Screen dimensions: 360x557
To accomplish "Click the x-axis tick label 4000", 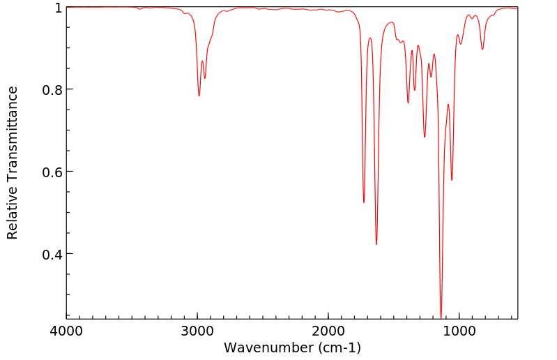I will pos(66,330).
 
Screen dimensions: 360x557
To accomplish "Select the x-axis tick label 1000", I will pos(459,330).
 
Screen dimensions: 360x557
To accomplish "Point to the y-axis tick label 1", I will pos(58,8).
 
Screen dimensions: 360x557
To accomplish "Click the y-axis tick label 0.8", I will pos(52,90).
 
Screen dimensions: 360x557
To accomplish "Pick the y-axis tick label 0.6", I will pos(52,172).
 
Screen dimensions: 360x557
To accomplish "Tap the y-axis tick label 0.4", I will pos(52,255).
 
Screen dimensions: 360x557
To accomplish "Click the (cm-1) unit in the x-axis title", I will pos(338,347).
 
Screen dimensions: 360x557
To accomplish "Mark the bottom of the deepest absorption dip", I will pos(441,317).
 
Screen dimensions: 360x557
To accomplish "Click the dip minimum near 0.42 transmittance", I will pos(376,244).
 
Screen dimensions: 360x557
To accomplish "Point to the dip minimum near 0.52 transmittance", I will pos(364,202).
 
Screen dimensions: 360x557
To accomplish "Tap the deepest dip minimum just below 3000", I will pos(199,96).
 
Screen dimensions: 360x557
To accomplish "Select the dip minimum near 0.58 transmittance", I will pos(452,180).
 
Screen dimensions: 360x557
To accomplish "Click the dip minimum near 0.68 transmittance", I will pos(425,137).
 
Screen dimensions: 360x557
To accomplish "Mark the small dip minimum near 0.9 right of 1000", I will pos(482,49).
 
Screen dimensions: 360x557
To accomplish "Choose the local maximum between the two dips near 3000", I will pos(202,61).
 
